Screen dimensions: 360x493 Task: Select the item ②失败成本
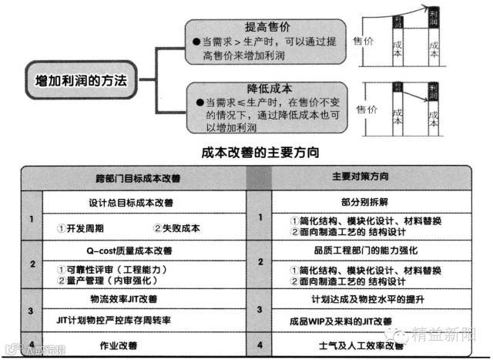coord(177,228)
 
